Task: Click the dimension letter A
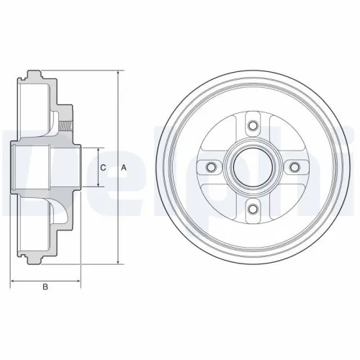pos(124,167)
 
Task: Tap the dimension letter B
pos(45,288)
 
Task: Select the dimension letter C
pos(104,167)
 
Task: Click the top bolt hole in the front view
pos(252,127)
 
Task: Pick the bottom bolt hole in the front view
pos(252,210)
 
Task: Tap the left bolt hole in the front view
pos(211,168)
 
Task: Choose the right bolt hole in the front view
pos(294,168)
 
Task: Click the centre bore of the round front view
pos(252,168)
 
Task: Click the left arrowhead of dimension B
pos(14,279)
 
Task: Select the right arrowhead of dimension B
pos(79,279)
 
